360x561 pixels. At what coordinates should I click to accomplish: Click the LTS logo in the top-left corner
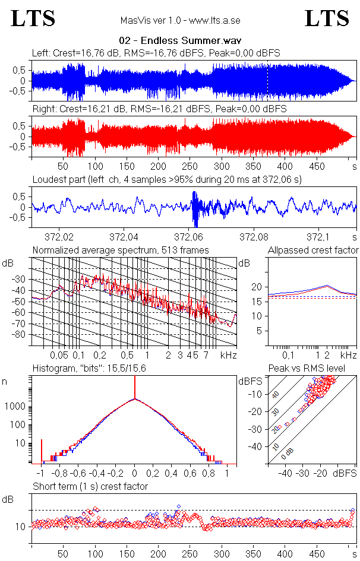pyautogui.click(x=33, y=18)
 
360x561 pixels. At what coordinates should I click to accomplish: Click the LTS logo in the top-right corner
pyautogui.click(x=327, y=18)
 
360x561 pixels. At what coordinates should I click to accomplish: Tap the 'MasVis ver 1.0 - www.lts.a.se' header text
pyautogui.click(x=179, y=21)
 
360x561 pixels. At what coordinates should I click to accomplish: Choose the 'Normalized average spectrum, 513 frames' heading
pyautogui.click(x=121, y=250)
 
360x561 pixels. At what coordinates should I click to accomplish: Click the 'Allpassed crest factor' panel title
pyautogui.click(x=312, y=250)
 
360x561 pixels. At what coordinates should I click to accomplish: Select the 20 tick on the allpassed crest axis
pyautogui.click(x=257, y=287)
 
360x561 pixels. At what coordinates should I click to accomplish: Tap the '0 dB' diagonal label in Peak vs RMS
pyautogui.click(x=288, y=453)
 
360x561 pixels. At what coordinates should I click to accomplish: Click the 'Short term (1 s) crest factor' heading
pyautogui.click(x=90, y=486)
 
